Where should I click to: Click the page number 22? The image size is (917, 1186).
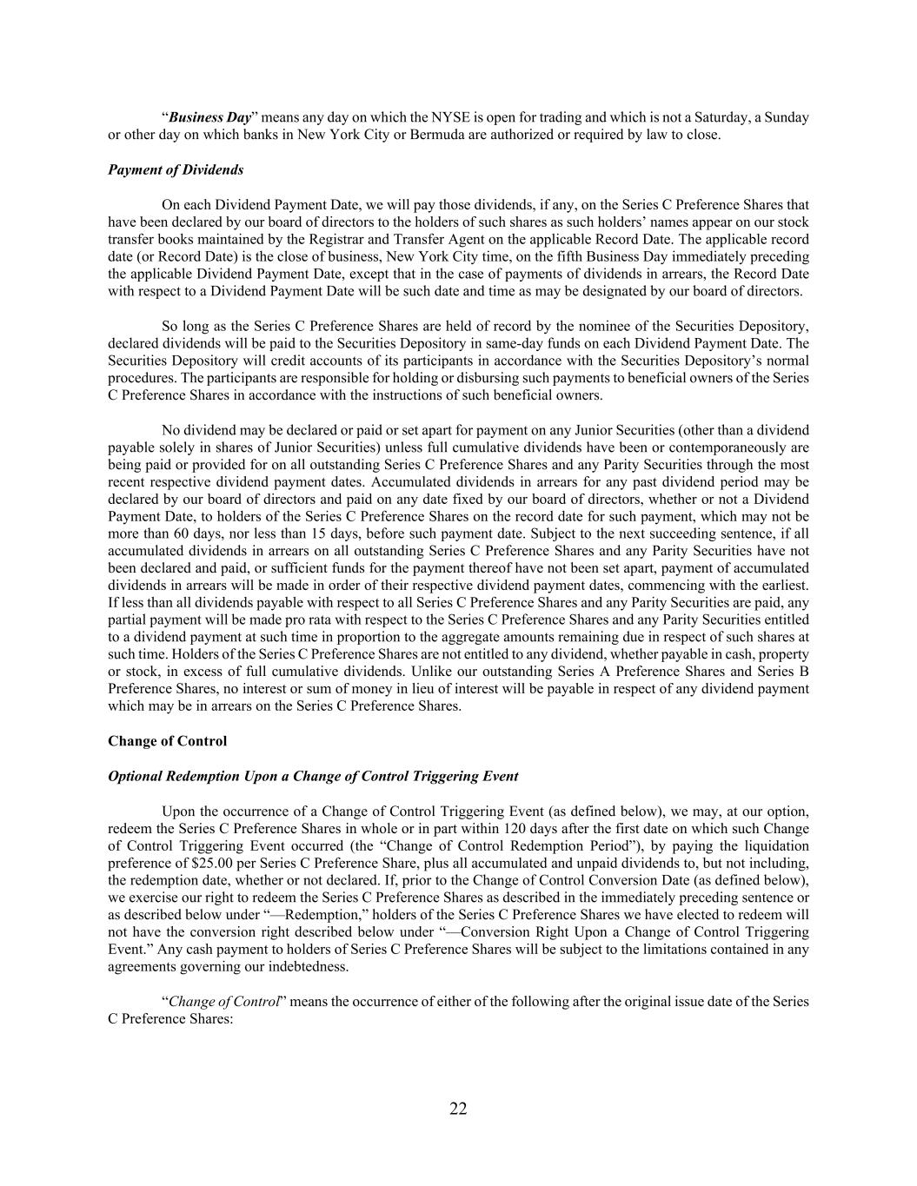coord(458,1108)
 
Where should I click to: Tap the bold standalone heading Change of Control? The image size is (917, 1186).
coord(167,741)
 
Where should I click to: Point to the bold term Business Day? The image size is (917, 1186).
coord(209,117)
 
